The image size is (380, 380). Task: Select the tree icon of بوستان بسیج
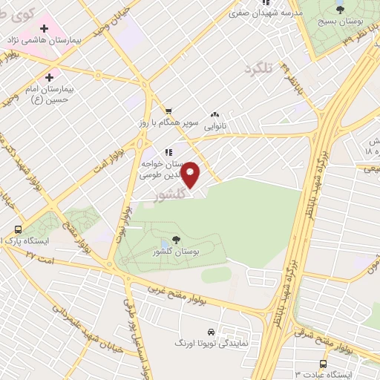coord(340,9)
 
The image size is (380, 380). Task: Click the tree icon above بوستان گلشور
coord(176,238)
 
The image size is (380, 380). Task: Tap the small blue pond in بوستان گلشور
coord(163,245)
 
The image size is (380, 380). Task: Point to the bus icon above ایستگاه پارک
coord(17,229)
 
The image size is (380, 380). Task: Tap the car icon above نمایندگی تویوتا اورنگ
coord(212,332)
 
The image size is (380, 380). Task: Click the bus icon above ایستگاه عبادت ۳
coord(323,364)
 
